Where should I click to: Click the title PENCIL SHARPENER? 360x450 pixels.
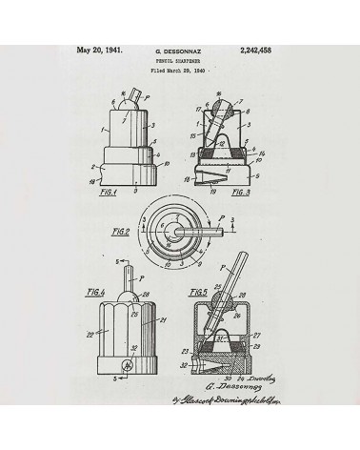(179, 59)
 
